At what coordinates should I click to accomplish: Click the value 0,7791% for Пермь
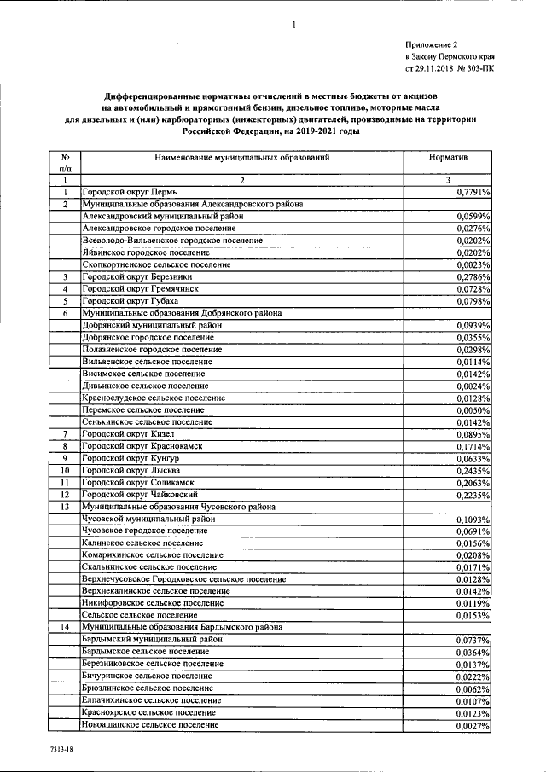pyautogui.click(x=478, y=194)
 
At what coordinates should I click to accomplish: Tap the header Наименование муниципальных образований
pyautogui.click(x=242, y=158)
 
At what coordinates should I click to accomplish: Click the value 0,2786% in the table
pyautogui.click(x=478, y=277)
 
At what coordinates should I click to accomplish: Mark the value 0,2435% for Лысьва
pyautogui.click(x=478, y=470)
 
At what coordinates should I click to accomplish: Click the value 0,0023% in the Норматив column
pyautogui.click(x=478, y=265)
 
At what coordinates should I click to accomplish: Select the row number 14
pyautogui.click(x=65, y=626)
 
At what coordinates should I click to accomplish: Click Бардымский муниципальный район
pyautogui.click(x=153, y=638)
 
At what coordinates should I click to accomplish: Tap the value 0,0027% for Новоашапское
pyautogui.click(x=478, y=726)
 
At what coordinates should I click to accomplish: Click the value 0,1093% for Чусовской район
pyautogui.click(x=478, y=519)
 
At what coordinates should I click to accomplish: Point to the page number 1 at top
pyautogui.click(x=293, y=25)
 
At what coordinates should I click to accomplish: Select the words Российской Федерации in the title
pyautogui.click(x=232, y=133)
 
